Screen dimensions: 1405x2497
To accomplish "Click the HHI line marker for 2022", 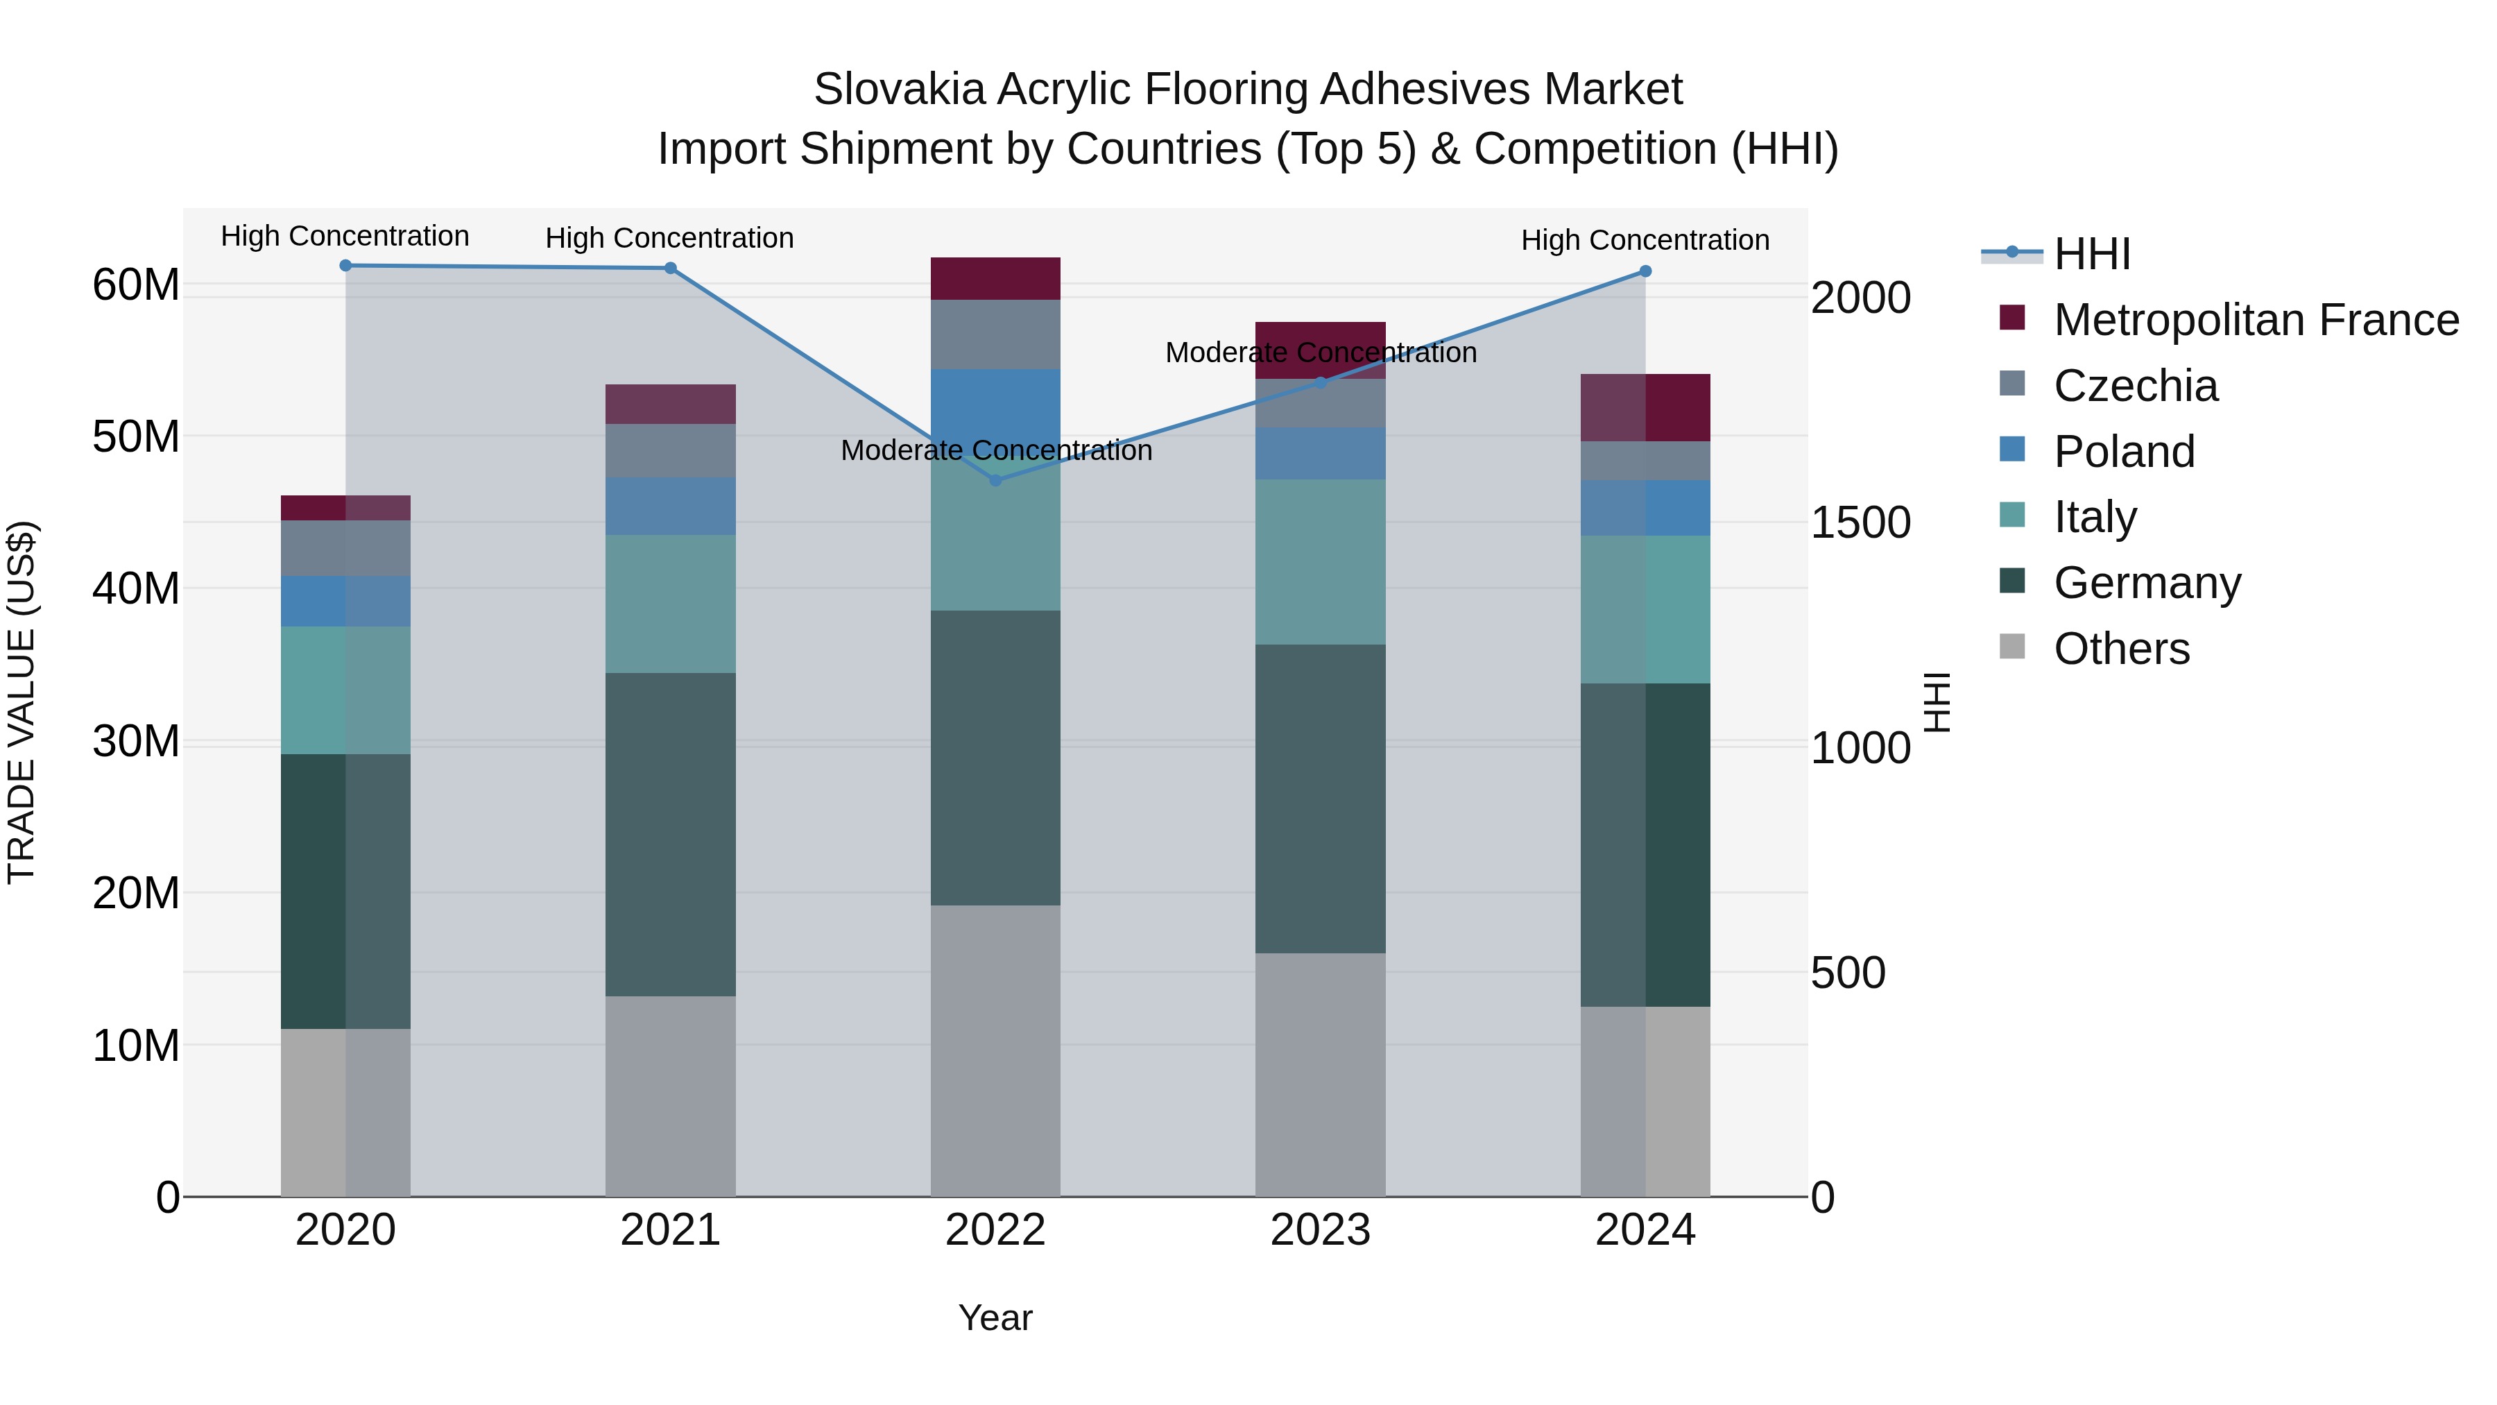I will point(995,480).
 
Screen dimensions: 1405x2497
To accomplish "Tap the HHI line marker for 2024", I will point(1645,271).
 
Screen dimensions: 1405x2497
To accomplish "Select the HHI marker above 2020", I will point(345,266).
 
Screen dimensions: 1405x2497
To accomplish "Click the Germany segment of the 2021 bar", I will point(670,834).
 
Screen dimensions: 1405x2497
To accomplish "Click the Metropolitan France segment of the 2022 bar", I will point(995,278).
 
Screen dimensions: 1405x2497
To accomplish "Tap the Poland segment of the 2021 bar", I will point(670,505).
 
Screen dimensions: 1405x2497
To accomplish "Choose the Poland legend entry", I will point(2123,452).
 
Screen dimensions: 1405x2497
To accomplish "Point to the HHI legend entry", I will point(2092,254).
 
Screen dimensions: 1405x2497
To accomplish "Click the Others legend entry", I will point(2121,649).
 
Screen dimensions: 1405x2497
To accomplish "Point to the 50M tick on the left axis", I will point(136,436).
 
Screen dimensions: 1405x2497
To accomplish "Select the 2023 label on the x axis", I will point(1319,1230).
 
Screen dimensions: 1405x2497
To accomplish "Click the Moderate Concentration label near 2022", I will point(995,451).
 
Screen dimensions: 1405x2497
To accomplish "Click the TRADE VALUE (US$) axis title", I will point(22,702).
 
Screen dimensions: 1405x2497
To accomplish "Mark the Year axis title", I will point(995,1318).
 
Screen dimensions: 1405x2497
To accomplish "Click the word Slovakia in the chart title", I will point(898,90).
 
